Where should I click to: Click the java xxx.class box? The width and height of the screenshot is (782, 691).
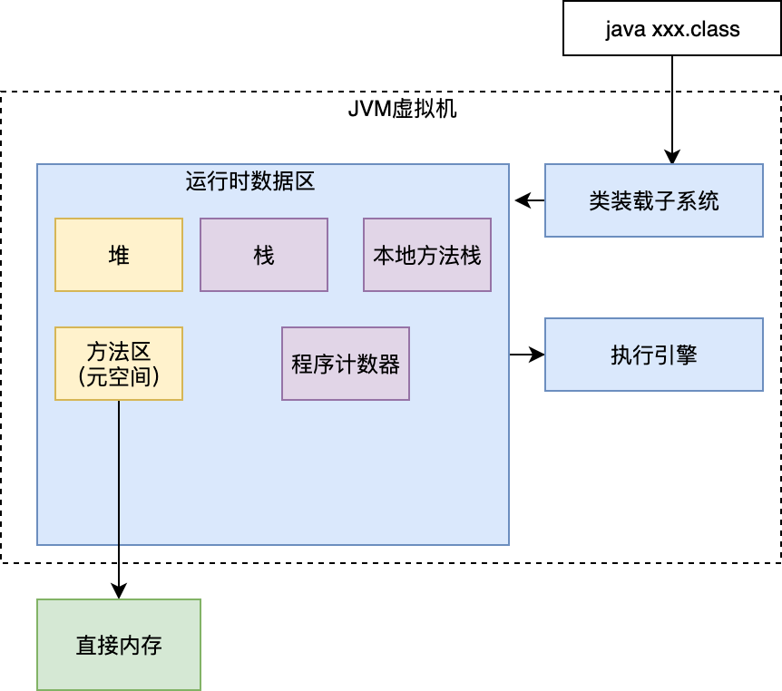click(672, 28)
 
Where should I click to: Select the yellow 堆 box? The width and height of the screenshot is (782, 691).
click(119, 255)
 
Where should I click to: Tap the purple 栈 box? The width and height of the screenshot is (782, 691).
click(264, 255)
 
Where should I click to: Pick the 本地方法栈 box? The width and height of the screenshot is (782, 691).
click(427, 255)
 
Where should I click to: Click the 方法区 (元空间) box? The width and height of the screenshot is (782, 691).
click(119, 364)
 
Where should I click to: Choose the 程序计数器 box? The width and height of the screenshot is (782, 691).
click(346, 364)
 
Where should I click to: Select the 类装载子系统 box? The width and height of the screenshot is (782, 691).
click(654, 200)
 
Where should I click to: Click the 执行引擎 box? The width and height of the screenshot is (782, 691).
click(654, 355)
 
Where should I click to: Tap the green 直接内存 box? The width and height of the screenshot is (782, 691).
click(119, 645)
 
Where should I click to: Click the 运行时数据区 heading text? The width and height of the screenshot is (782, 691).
click(249, 180)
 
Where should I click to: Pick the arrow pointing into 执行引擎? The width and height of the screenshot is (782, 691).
click(526, 355)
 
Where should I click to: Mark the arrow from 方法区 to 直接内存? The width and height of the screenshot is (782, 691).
click(119, 499)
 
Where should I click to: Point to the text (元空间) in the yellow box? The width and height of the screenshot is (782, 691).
click(119, 375)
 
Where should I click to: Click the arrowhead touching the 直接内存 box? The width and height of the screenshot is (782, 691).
click(119, 591)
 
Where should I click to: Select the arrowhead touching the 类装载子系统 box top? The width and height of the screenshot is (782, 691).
click(672, 156)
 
